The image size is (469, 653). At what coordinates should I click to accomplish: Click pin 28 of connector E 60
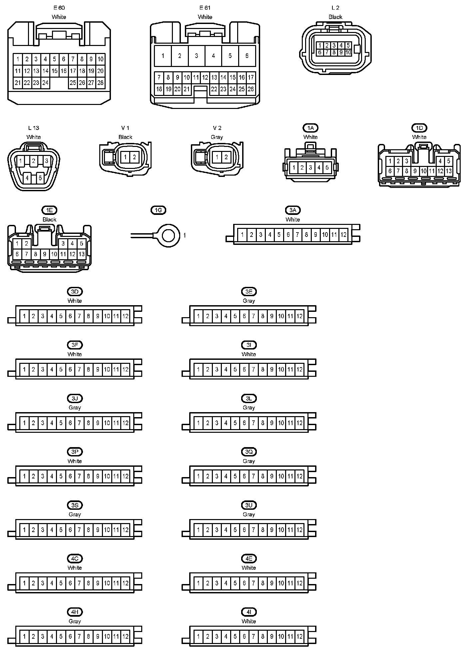(100, 83)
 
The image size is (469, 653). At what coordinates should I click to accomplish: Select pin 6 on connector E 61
(247, 56)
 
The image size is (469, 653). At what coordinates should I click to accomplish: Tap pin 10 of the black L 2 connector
(348, 52)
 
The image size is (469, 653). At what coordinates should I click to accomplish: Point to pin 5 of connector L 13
(40, 178)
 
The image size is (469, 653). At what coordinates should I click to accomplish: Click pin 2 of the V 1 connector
(134, 157)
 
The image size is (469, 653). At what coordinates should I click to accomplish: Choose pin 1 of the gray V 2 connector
(217, 157)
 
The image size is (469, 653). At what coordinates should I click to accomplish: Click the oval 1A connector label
(310, 128)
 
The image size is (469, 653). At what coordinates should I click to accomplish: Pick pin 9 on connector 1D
(415, 171)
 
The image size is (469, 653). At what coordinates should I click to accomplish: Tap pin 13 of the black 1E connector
(82, 254)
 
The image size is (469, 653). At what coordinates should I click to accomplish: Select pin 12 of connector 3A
(343, 235)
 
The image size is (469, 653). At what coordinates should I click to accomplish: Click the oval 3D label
(75, 292)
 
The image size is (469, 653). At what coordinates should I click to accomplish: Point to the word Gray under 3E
(249, 301)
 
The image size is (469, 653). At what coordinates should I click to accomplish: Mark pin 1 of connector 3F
(24, 369)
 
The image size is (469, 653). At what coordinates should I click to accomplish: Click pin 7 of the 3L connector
(253, 423)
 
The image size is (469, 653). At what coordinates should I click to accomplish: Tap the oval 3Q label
(249, 452)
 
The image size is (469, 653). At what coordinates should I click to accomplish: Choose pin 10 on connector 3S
(107, 530)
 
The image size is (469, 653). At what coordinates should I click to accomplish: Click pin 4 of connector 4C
(52, 583)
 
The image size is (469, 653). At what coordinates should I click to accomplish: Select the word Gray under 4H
(75, 621)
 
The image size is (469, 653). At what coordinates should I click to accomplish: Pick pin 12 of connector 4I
(299, 637)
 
